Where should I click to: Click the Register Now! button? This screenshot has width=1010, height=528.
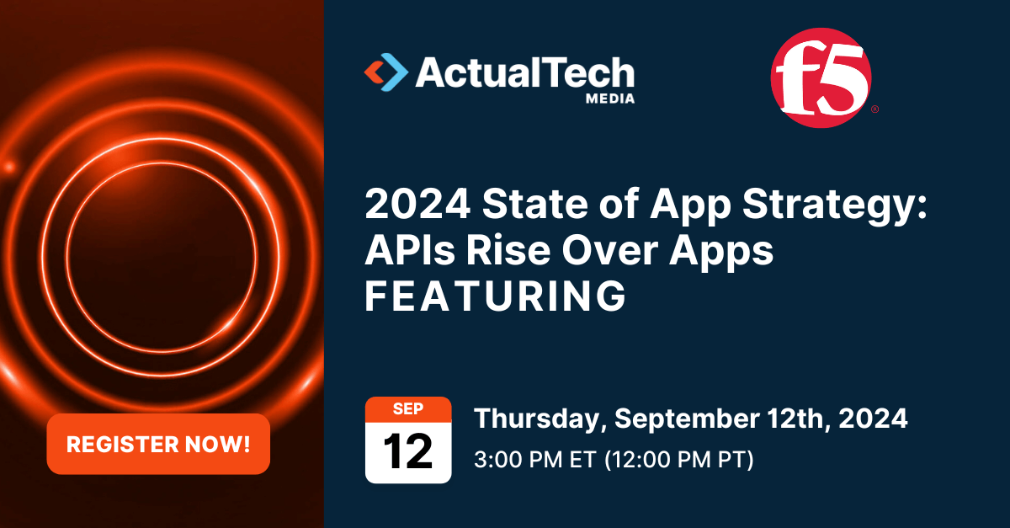(158, 444)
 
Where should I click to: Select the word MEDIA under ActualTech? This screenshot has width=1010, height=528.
(609, 99)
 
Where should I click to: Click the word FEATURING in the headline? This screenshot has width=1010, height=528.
(495, 297)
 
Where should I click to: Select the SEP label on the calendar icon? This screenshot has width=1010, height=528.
(408, 408)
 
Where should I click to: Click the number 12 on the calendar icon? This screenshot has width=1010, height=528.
(408, 451)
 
